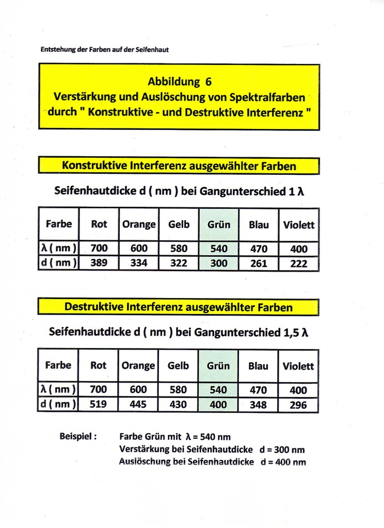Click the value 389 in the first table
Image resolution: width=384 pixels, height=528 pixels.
(99, 263)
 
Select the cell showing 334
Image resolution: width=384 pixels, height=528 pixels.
(139, 263)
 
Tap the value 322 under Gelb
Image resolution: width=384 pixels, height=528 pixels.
(179, 263)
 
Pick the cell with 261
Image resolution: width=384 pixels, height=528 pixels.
(259, 263)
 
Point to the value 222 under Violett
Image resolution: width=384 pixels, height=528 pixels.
(299, 263)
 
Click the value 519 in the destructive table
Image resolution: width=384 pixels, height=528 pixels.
(98, 404)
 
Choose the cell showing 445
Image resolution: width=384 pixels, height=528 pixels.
(138, 404)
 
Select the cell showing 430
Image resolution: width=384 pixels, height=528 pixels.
(178, 404)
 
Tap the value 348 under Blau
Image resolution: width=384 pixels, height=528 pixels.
(258, 405)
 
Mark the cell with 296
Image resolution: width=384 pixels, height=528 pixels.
(298, 405)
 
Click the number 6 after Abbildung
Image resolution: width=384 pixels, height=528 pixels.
(208, 81)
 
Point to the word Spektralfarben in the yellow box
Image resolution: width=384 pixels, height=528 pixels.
(270, 96)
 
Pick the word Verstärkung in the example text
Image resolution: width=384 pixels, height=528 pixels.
(145, 449)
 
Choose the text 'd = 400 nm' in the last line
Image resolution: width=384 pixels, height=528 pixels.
(283, 462)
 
